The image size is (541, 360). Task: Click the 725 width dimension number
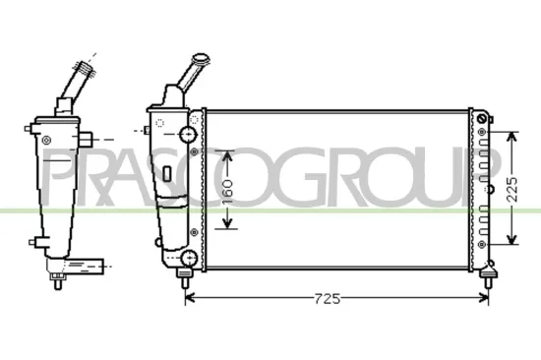(x=325, y=299)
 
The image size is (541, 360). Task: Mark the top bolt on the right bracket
(x=482, y=120)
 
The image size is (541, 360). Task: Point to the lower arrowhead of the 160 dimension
(x=228, y=225)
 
